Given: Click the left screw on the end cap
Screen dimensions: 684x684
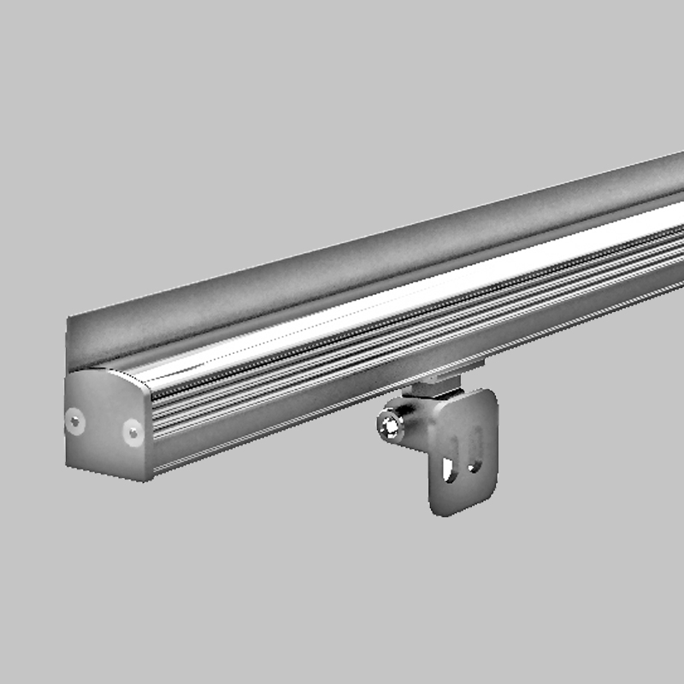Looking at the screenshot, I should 77,420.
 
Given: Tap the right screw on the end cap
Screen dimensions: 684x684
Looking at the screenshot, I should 133,431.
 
